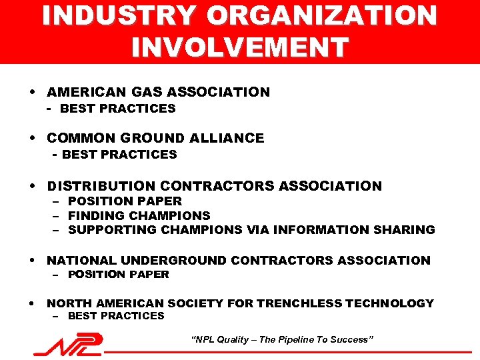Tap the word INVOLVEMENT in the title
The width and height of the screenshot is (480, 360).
pyautogui.click(x=240, y=47)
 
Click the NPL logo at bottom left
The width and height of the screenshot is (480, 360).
pyautogui.click(x=69, y=345)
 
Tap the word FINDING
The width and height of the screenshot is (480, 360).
pyautogui.click(x=95, y=215)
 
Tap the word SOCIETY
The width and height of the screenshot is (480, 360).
pyautogui.click(x=195, y=303)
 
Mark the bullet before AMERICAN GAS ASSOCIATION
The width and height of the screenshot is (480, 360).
pyautogui.click(x=33, y=92)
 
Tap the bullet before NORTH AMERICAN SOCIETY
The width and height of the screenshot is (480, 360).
pyautogui.click(x=33, y=303)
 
